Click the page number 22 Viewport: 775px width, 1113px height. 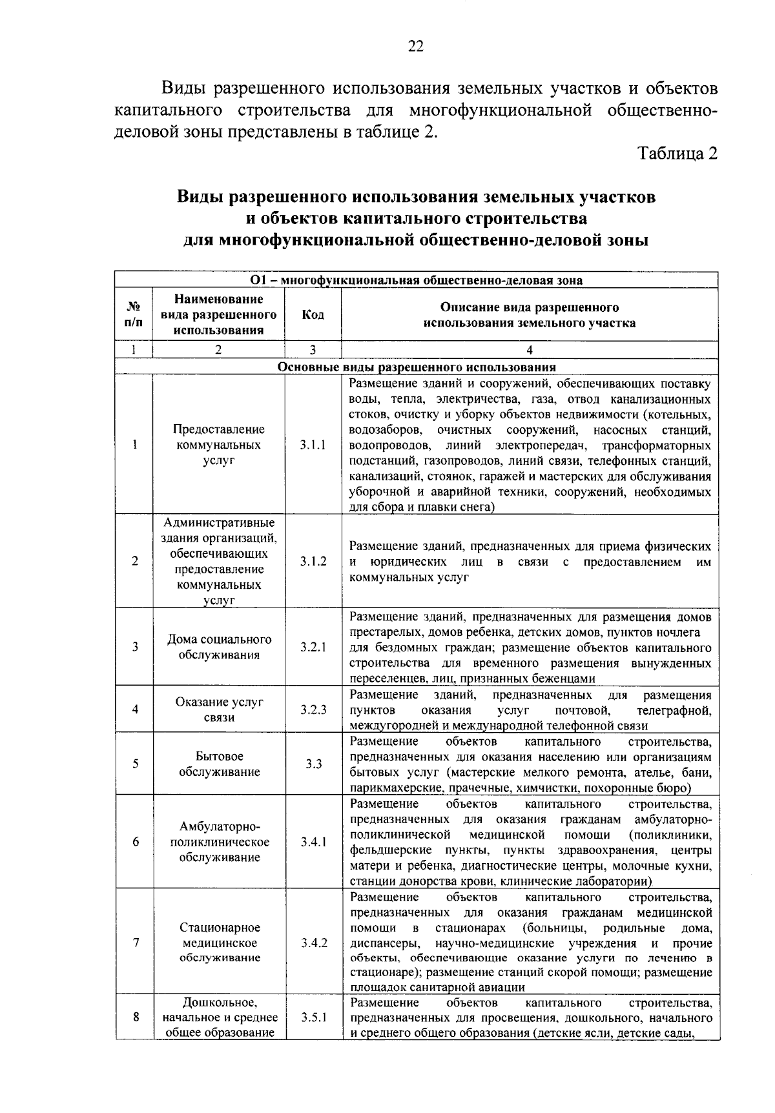click(x=415, y=46)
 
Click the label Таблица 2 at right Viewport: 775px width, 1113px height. click(x=677, y=154)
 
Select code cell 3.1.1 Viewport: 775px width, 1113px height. click(x=313, y=445)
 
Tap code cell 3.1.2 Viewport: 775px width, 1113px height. click(x=313, y=562)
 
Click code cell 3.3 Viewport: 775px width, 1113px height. click(x=313, y=764)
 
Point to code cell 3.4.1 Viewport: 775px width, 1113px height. click(x=313, y=842)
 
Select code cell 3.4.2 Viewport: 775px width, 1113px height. click(x=313, y=943)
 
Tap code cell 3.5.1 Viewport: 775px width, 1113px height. click(x=313, y=1017)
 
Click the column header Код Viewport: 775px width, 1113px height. click(x=313, y=315)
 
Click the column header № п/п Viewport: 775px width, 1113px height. click(x=134, y=315)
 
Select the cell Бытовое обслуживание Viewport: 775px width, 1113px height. click(x=219, y=764)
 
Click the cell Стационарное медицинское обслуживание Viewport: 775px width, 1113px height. click(x=219, y=943)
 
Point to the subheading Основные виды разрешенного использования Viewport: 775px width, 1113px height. click(x=417, y=367)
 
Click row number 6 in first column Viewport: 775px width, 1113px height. click(x=135, y=842)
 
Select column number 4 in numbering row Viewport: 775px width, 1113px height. click(x=529, y=350)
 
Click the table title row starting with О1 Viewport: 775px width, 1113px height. click(x=417, y=280)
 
